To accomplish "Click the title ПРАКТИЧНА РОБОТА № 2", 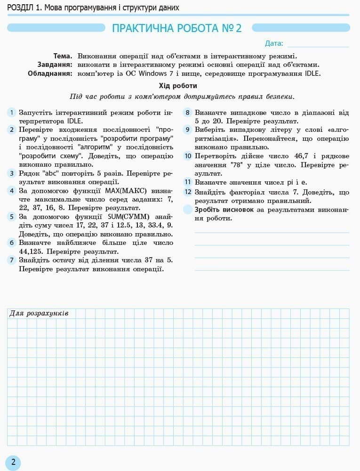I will tap(176, 28).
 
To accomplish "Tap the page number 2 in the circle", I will tap(13, 462).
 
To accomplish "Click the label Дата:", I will tap(274, 44).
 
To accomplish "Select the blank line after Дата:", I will tap(318, 45).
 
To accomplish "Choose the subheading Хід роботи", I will tap(178, 86).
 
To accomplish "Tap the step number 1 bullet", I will tap(12, 113).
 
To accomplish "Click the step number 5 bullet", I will tap(12, 217).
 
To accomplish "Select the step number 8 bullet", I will tap(188, 113).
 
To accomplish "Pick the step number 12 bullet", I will tap(188, 192).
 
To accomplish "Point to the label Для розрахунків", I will tap(39, 313).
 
